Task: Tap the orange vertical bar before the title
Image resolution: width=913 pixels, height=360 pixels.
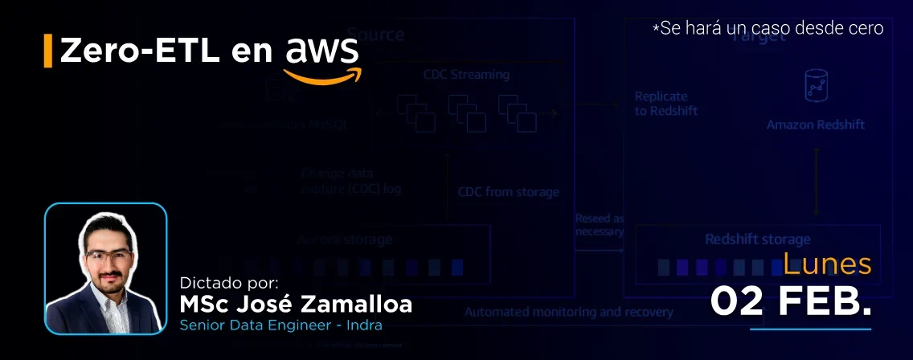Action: (48, 51)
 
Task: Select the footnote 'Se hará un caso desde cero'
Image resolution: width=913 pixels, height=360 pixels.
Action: (768, 28)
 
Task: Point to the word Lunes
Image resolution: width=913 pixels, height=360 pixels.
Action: (827, 264)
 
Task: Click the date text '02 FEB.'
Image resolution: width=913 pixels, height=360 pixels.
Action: (791, 301)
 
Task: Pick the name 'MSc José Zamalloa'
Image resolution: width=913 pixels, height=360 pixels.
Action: (296, 305)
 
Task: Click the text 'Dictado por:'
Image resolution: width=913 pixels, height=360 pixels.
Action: (229, 283)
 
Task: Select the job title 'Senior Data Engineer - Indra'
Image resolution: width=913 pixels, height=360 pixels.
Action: (280, 325)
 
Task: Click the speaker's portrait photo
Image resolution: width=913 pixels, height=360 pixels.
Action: (105, 268)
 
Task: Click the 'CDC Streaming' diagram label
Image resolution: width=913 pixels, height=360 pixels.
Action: (466, 75)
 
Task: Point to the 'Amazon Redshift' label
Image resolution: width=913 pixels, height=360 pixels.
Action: (815, 125)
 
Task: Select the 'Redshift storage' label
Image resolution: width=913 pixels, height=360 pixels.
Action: (757, 239)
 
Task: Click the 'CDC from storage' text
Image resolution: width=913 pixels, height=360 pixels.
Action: (508, 192)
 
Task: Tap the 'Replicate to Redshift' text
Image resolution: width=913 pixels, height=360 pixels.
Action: (666, 104)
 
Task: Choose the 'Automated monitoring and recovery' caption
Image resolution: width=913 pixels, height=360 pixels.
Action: (568, 312)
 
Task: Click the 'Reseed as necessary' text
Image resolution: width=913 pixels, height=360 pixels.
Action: (600, 224)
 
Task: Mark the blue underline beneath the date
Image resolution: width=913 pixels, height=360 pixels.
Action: (810, 328)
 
